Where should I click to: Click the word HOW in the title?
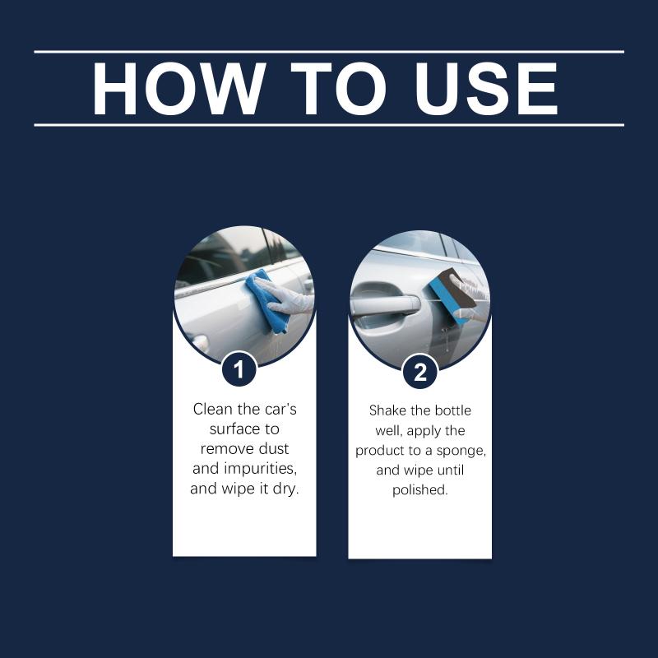click(x=178, y=89)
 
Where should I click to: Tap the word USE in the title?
click(x=486, y=89)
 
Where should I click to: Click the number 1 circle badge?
click(x=239, y=369)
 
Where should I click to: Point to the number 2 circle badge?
click(x=420, y=372)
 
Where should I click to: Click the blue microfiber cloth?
click(x=266, y=300)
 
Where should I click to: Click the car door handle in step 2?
click(x=385, y=304)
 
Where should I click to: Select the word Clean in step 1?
click(x=212, y=409)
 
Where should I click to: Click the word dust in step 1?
click(x=274, y=448)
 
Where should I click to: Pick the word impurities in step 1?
click(x=260, y=469)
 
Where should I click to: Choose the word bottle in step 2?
click(x=453, y=410)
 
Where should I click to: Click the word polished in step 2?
click(x=420, y=489)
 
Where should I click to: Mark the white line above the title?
click(x=329, y=52)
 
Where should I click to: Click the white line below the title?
click(x=329, y=125)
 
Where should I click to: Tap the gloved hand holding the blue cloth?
click(x=285, y=296)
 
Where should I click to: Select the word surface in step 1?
click(x=230, y=429)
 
